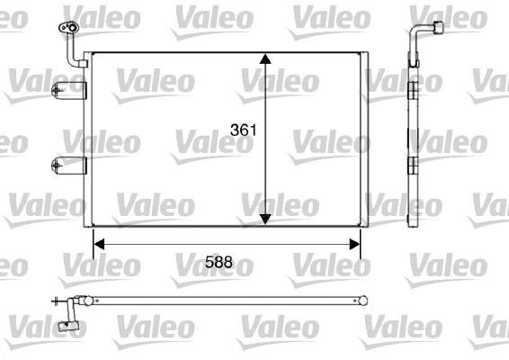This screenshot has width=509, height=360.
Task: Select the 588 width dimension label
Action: (x=219, y=263)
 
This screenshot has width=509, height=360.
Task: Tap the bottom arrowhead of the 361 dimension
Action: (x=265, y=218)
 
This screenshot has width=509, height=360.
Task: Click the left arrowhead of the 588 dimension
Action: (x=99, y=242)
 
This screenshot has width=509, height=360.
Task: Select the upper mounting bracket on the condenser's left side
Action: (x=68, y=88)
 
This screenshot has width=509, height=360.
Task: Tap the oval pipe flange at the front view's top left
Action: (x=67, y=29)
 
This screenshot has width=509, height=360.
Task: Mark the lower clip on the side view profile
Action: (x=412, y=165)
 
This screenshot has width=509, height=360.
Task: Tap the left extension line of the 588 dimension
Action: (x=94, y=241)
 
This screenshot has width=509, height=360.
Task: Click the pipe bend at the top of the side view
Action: (x=416, y=36)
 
